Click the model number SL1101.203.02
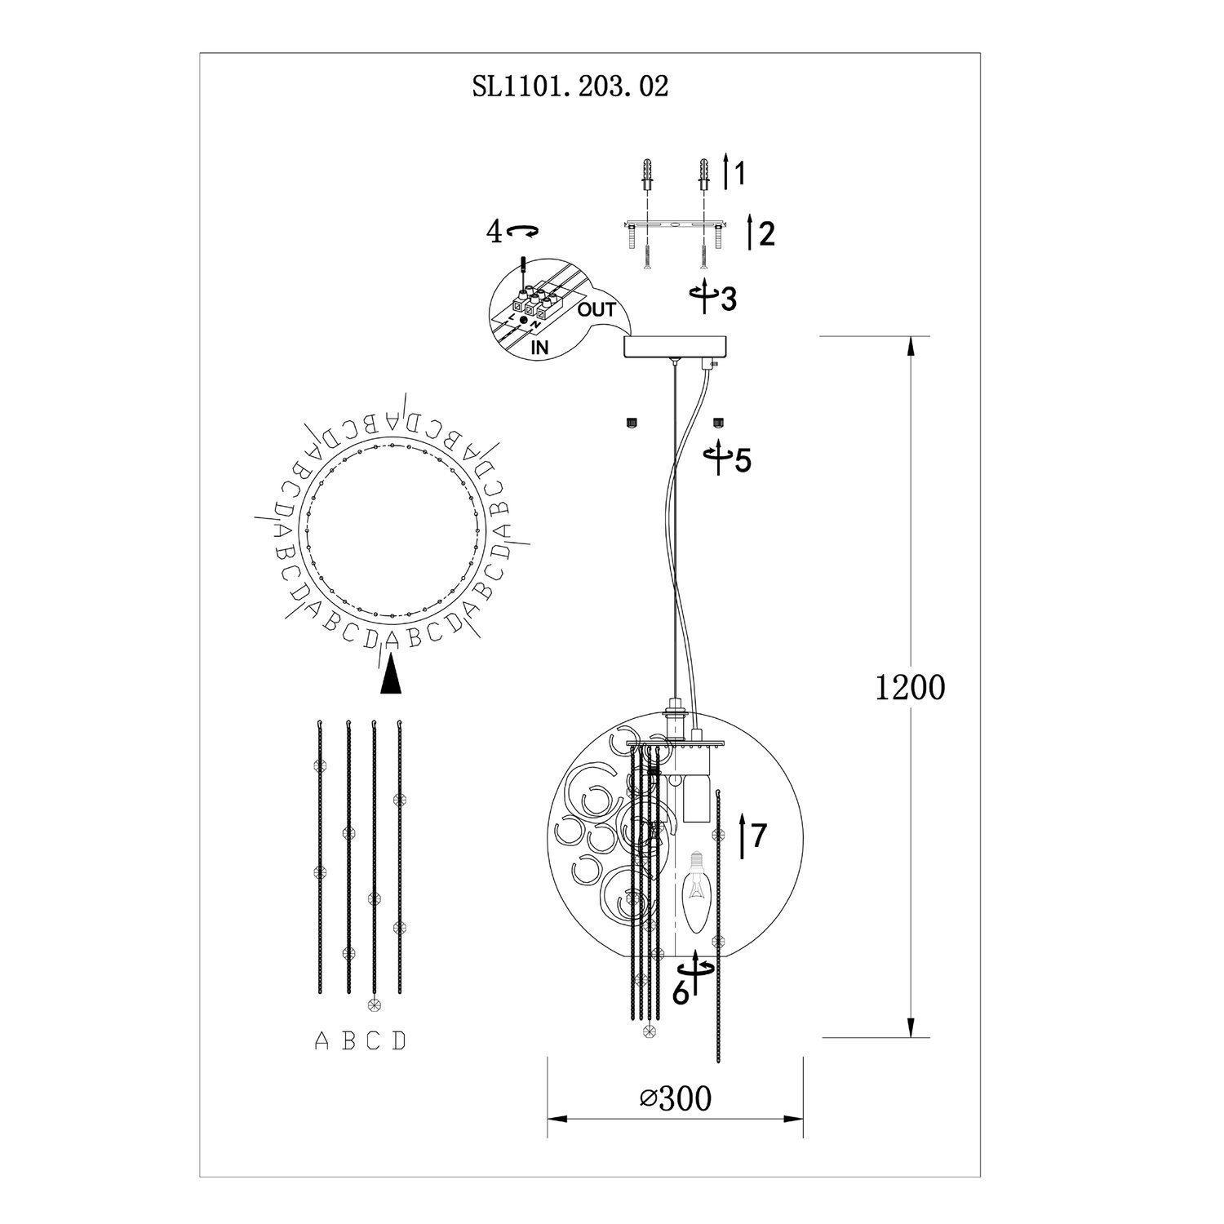pos(570,86)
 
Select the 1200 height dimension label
pos(910,688)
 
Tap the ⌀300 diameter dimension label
pos(676,1098)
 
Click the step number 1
pos(738,173)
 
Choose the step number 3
pos(728,299)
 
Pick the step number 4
pos(494,232)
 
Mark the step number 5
pos(743,461)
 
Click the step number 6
pos(681,991)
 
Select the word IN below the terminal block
pos(539,347)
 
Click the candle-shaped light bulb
pos(696,893)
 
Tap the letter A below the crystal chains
pos(322,1041)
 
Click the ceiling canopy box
pos(674,347)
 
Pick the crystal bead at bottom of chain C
pos(374,1004)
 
